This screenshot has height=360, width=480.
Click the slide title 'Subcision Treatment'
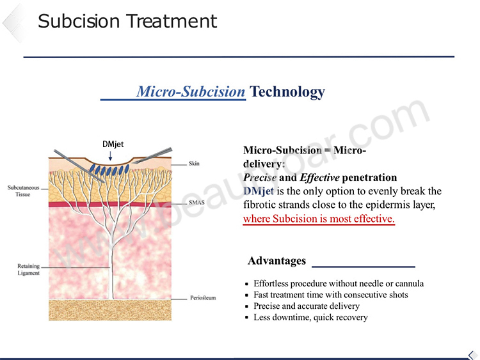click(127, 21)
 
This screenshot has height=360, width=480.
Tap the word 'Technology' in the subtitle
click(287, 92)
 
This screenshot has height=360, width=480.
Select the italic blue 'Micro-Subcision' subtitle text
click(191, 91)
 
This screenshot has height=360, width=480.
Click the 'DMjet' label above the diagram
click(113, 144)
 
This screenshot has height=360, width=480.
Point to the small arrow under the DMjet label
click(110, 155)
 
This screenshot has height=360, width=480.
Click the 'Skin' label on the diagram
click(194, 164)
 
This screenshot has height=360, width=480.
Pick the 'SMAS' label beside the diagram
click(196, 203)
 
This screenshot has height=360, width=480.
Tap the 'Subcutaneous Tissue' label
click(24, 191)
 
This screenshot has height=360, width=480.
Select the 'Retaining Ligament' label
click(28, 269)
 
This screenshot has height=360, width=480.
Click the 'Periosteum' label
click(203, 297)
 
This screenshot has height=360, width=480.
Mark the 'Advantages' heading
click(276, 261)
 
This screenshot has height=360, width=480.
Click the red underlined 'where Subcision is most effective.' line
click(319, 219)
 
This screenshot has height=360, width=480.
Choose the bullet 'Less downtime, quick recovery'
click(310, 317)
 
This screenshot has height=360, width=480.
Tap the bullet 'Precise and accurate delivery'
click(307, 306)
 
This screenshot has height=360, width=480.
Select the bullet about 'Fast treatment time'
click(331, 295)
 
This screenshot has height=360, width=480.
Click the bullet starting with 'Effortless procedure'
click(339, 283)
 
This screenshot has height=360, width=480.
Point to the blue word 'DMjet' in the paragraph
click(259, 191)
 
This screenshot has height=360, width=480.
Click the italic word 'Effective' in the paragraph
click(319, 177)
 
